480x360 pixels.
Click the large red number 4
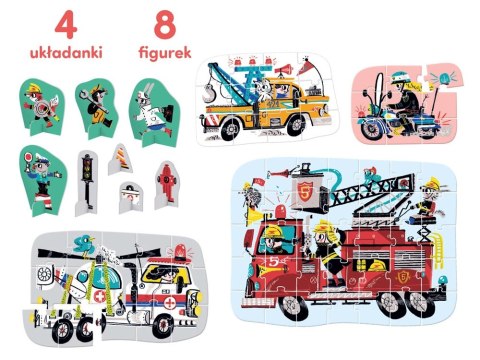(x=66, y=25)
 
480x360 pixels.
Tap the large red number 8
(x=165, y=25)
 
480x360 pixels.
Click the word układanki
(x=66, y=53)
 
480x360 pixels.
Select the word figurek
(x=165, y=53)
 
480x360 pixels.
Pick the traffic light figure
(x=87, y=182)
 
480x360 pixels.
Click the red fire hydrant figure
(x=166, y=184)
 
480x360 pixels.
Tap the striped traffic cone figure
(x=121, y=159)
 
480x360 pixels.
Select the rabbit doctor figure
(x=154, y=112)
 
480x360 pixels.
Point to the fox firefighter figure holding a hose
(x=42, y=106)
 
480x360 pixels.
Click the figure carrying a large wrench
(x=96, y=107)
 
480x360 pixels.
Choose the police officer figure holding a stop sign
(x=43, y=179)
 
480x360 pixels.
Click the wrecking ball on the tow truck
(x=209, y=93)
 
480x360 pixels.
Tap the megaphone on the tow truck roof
(x=284, y=70)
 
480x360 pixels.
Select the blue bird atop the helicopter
(x=84, y=244)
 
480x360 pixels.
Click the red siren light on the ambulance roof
(x=180, y=253)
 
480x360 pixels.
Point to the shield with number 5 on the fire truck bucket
(x=304, y=192)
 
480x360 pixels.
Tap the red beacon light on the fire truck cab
(x=281, y=213)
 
